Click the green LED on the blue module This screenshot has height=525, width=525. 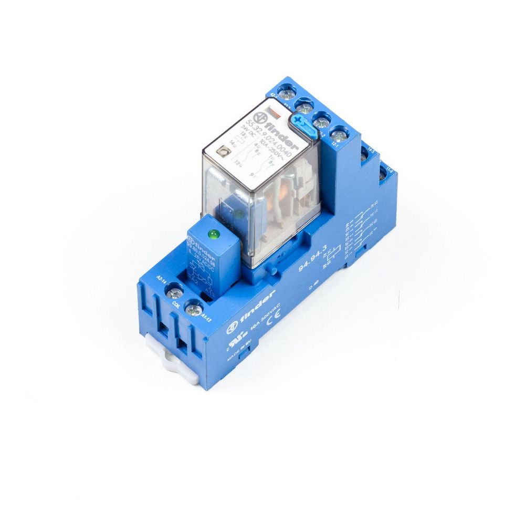click(x=213, y=234)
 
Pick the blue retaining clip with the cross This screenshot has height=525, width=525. click(x=301, y=124)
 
